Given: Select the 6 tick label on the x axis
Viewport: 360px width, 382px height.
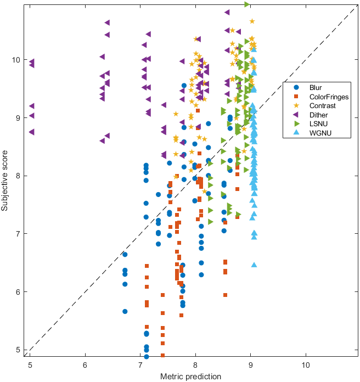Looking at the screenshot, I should coord(85,364).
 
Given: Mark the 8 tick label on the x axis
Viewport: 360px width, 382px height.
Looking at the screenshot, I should coord(195,364).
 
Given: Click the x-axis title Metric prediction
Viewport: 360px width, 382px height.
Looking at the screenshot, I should coord(191,376).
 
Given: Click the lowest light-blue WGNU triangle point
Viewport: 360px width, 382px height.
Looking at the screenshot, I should coord(254,265).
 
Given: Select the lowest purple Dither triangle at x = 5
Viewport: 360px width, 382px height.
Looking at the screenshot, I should coord(31,132).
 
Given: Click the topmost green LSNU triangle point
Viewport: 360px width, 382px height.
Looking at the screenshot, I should coord(248,4).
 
